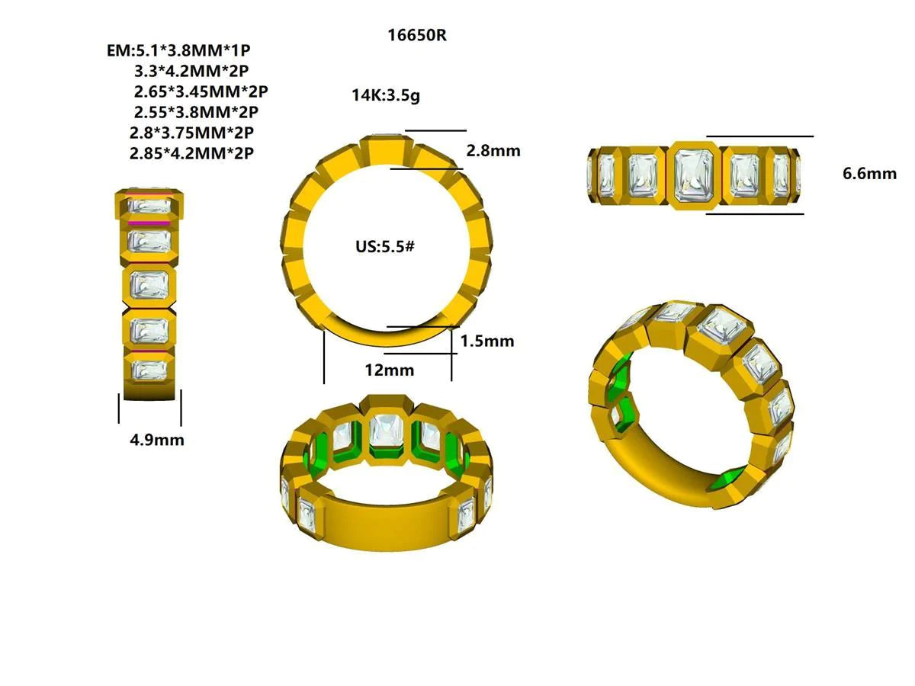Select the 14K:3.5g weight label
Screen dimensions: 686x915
[386, 96]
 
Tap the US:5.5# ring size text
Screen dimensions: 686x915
[384, 248]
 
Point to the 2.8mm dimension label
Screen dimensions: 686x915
[493, 151]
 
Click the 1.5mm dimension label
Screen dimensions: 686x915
[487, 341]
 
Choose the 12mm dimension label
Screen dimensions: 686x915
[389, 370]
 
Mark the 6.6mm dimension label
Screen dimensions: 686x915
[869, 174]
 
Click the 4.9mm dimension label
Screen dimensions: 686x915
[156, 440]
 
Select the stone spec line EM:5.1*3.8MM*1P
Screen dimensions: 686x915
[179, 51]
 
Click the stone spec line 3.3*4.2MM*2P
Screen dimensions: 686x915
[191, 72]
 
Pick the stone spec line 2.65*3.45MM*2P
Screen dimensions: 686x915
[201, 92]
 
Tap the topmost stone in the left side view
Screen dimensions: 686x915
[149, 205]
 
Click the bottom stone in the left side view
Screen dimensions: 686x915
[149, 370]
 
